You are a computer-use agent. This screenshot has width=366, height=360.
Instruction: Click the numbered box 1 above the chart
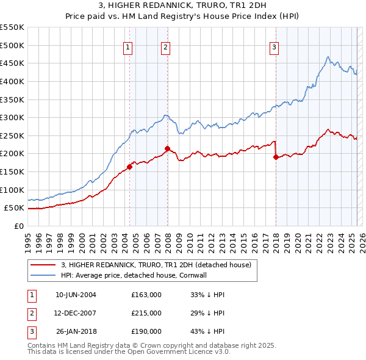click(128, 48)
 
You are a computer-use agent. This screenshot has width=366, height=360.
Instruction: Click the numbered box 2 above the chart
click(166, 48)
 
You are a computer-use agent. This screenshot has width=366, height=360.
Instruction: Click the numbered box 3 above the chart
click(274, 48)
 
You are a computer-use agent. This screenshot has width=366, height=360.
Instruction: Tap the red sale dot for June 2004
click(129, 167)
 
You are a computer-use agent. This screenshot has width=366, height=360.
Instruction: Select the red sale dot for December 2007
click(167, 148)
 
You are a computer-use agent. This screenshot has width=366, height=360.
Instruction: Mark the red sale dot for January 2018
click(276, 157)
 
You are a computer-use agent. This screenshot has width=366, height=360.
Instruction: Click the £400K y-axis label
click(13, 81)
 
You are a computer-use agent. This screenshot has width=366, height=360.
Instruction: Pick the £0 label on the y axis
click(18, 226)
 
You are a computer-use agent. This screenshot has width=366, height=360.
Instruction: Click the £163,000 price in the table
click(146, 295)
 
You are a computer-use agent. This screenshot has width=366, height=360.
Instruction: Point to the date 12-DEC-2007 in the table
click(76, 313)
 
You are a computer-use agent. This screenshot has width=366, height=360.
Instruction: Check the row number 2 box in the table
click(30, 313)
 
